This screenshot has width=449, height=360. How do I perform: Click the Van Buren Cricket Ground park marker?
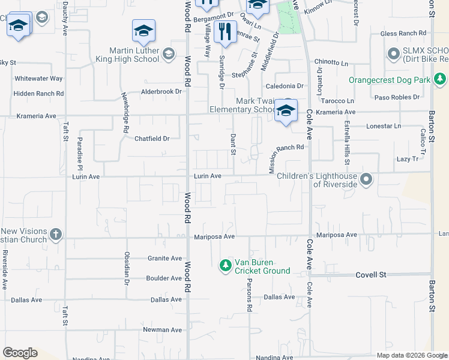226,265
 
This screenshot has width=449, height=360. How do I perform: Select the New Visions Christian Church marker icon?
56,234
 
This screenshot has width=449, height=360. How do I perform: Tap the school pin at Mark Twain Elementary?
286,110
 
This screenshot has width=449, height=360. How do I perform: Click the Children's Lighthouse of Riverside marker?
366,179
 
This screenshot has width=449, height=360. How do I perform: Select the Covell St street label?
370,274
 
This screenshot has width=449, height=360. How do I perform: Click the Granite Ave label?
164,259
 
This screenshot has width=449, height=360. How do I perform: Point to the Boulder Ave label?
163,278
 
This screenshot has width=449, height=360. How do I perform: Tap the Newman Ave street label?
162,330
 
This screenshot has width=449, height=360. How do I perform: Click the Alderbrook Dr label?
161,92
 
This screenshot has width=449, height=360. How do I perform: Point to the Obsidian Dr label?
127,268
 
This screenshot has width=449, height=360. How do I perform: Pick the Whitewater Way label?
38,79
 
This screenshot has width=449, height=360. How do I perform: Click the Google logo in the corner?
20,353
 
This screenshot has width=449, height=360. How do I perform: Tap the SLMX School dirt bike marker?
394,55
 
